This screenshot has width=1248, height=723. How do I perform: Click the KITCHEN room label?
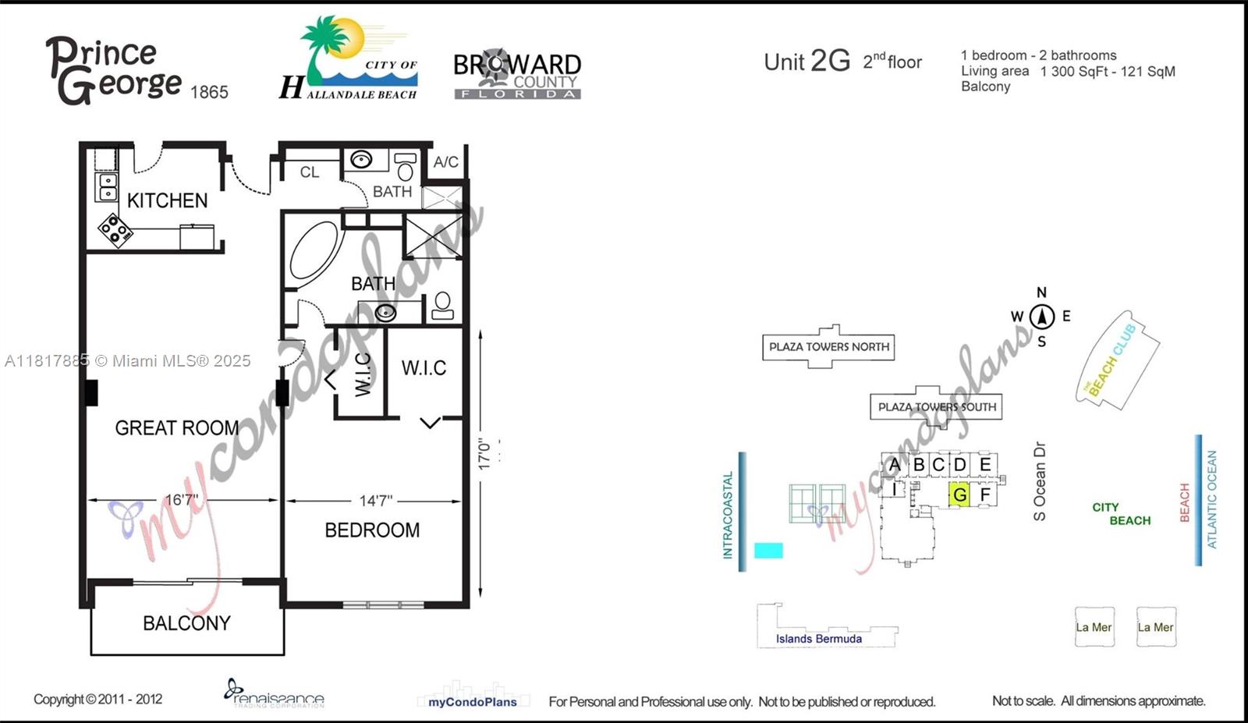point(167,200)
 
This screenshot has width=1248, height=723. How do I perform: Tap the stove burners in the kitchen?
point(115,230)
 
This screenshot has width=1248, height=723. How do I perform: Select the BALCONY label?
point(186,623)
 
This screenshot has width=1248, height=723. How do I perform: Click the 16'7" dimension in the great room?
point(182,500)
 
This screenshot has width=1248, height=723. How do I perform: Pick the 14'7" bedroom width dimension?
point(375,501)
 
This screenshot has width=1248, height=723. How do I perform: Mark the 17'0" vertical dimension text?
point(484,453)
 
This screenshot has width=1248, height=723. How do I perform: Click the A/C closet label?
point(446,162)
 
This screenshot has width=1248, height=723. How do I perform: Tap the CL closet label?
point(310,172)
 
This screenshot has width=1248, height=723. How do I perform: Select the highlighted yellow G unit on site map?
point(959,494)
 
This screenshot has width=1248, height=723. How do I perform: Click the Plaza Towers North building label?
point(828,347)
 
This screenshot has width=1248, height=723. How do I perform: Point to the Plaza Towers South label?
point(937,407)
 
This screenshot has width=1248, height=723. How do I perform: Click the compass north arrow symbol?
point(1041,317)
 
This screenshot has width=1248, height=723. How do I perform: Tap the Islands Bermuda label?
point(818,639)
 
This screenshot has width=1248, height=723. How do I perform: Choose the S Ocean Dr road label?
point(1039,481)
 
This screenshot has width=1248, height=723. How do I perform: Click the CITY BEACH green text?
point(1120,514)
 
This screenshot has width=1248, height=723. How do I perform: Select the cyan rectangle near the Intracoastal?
point(768,550)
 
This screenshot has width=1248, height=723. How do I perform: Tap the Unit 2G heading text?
point(807,62)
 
